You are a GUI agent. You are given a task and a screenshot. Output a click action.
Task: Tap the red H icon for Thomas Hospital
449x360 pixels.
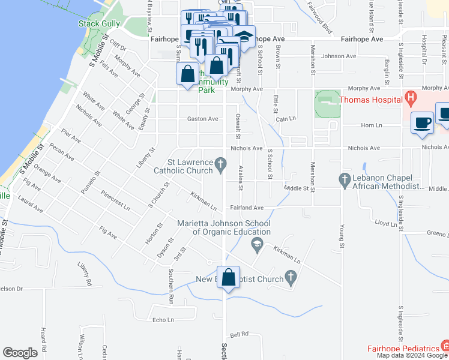(411, 96)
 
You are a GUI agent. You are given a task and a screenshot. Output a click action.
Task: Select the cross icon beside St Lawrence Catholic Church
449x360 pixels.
(221, 162)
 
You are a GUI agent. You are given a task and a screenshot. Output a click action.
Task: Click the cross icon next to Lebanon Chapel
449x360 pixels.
(345, 178)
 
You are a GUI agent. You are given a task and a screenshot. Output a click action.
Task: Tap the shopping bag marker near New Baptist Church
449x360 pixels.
(228, 278)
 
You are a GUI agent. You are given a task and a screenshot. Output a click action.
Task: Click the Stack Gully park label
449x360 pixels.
(99, 24)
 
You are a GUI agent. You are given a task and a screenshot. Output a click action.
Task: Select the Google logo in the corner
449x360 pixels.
(20, 353)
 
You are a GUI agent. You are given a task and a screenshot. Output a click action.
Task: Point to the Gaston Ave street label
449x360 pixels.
(203, 119)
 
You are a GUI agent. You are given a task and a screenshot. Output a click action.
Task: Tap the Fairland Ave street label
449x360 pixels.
(247, 208)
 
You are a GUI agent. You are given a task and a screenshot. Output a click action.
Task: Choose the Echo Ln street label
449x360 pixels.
(163, 320)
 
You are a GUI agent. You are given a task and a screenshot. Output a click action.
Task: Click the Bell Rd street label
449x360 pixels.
(239, 335)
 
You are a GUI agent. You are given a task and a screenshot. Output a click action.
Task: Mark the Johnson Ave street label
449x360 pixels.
(339, 56)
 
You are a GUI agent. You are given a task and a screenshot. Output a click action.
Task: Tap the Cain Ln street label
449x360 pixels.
(287, 119)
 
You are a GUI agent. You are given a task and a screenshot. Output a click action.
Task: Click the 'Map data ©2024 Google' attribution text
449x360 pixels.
(412, 355)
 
